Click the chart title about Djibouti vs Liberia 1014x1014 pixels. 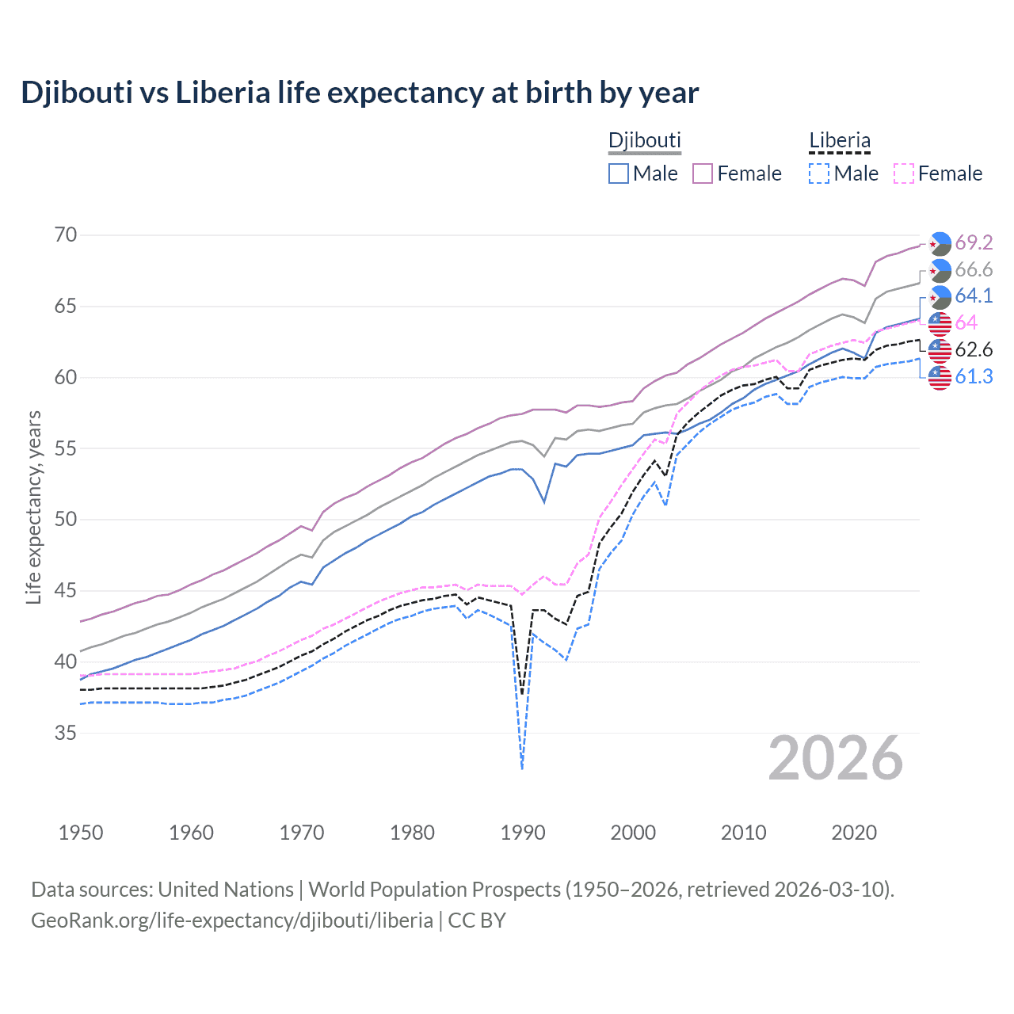point(360,93)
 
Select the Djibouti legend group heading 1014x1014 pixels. point(644,140)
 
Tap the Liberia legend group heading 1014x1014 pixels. point(839,141)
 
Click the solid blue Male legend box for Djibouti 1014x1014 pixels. point(619,173)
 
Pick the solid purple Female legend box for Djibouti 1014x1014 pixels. point(703,173)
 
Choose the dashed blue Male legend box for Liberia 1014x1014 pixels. point(819,173)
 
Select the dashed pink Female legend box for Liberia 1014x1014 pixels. point(904,173)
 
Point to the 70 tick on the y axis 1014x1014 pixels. point(66,235)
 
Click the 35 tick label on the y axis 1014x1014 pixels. point(66,733)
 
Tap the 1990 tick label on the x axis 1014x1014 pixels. point(523,833)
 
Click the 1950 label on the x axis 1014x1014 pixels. point(81,833)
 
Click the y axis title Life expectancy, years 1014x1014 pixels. point(33,507)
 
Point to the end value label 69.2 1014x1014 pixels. point(974,242)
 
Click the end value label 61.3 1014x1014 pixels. point(974,377)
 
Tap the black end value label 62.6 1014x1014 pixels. point(974,350)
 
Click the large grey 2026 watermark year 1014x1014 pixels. point(836,759)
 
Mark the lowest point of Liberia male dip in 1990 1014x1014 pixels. point(522,768)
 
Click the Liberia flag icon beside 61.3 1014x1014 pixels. point(940,378)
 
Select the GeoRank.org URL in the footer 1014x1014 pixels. point(231,921)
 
